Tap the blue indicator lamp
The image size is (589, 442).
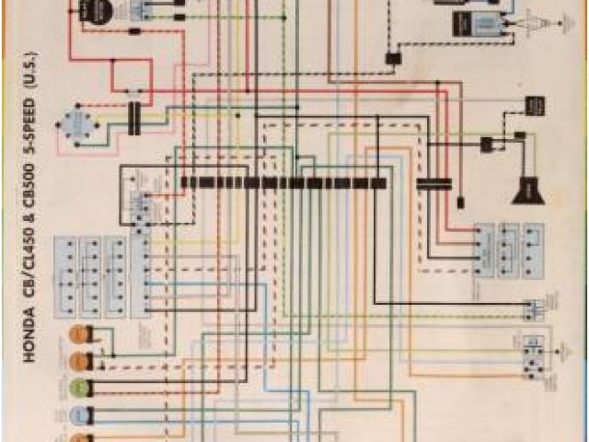(x=81, y=412)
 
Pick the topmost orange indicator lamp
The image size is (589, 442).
(x=81, y=332)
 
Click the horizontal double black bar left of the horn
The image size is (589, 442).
(x=433, y=184)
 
